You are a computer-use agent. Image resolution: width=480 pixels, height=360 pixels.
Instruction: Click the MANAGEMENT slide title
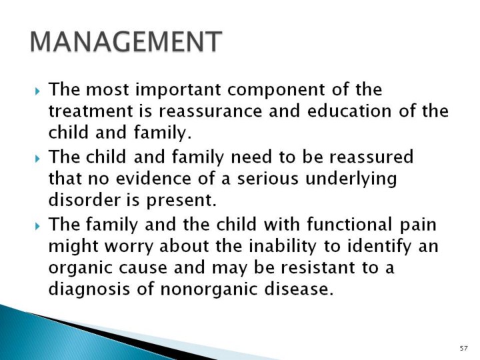(126, 41)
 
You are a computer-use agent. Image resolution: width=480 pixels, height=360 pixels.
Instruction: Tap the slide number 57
(464, 348)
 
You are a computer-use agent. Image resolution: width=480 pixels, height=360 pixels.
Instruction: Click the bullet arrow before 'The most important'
(37, 91)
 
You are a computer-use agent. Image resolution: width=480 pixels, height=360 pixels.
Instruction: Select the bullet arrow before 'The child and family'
(37, 159)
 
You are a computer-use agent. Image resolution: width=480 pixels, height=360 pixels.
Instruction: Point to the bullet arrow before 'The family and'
(37, 226)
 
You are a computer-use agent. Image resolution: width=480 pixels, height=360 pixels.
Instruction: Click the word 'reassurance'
(211, 111)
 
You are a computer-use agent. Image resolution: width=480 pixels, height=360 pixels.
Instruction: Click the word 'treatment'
(91, 111)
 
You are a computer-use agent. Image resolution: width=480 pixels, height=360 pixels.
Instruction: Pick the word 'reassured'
(371, 157)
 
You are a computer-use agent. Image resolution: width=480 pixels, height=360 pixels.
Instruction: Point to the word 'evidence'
(153, 178)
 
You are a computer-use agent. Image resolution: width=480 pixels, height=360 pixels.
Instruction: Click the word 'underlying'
(351, 179)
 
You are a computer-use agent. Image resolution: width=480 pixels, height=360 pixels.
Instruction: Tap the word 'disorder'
(85, 199)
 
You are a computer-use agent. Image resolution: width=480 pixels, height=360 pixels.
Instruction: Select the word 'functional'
(349, 224)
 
